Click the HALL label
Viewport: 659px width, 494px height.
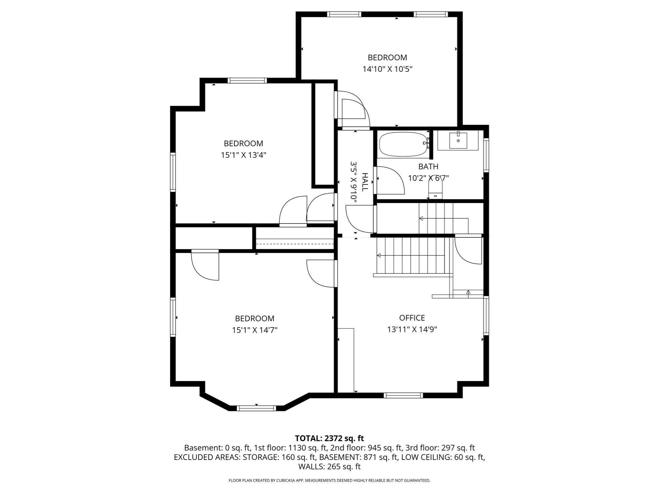tap(365, 182)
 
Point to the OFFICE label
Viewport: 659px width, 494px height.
tap(412, 318)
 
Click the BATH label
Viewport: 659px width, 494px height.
tap(428, 166)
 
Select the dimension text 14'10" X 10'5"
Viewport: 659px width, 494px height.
tap(387, 69)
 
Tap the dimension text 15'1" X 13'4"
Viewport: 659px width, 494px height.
tap(243, 155)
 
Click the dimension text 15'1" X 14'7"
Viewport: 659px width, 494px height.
tap(255, 330)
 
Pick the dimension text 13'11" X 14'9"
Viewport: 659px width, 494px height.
tap(412, 329)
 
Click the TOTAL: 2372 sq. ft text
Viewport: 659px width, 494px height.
tap(329, 438)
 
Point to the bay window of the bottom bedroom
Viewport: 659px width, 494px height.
tap(256, 408)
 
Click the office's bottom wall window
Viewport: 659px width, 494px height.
tap(404, 395)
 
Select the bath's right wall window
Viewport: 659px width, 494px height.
tap(486, 155)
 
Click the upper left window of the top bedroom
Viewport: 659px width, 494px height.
tap(344, 14)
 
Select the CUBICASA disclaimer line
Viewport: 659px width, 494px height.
tap(329, 480)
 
